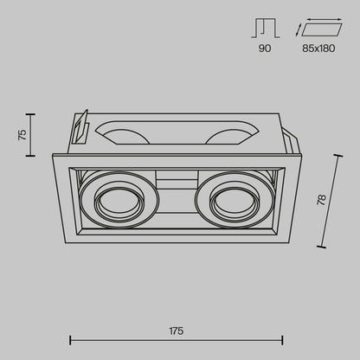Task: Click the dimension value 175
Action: click(x=177, y=331)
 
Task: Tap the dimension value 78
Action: click(x=321, y=200)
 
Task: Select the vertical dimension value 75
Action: click(x=22, y=135)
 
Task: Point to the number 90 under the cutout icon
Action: click(x=265, y=48)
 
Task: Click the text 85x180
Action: click(x=318, y=48)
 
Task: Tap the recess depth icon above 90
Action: click(x=266, y=29)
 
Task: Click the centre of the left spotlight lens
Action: click(x=119, y=202)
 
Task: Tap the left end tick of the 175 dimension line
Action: click(x=70, y=340)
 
